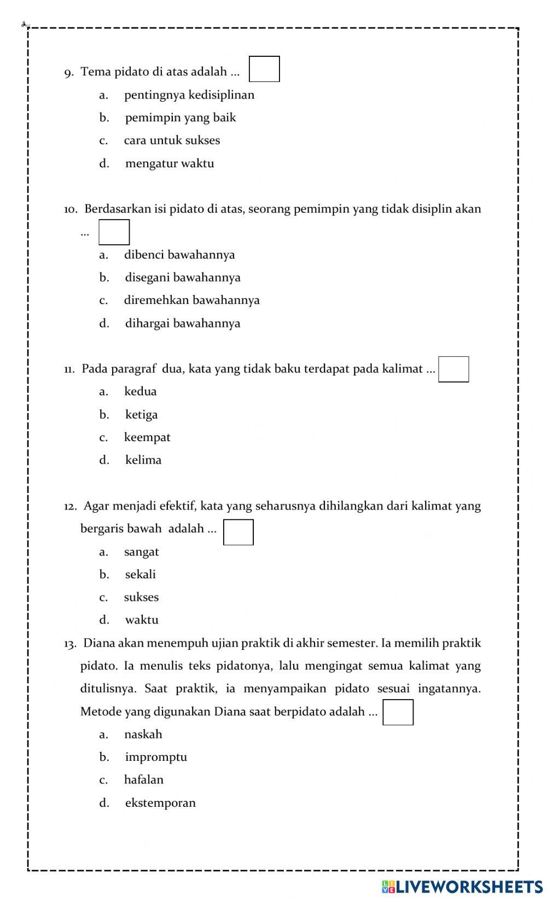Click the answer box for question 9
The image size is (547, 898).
click(x=264, y=69)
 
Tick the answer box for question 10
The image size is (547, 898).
click(x=114, y=232)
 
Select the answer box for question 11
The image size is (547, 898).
click(x=453, y=369)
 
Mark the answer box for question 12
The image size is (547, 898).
click(x=238, y=532)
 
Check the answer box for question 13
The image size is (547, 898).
click(x=398, y=712)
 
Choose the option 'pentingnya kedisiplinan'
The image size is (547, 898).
click(x=189, y=95)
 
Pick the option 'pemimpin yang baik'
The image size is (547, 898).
click(x=181, y=118)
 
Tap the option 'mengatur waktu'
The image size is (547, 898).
click(x=170, y=163)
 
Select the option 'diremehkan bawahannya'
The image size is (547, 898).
click(x=191, y=300)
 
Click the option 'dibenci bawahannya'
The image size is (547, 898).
click(x=179, y=255)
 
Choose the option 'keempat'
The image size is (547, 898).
click(x=147, y=437)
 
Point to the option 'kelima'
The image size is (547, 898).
click(x=143, y=460)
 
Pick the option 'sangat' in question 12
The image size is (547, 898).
click(x=142, y=552)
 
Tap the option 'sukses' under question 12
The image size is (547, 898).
click(x=141, y=597)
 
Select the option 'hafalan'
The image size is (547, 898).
click(x=144, y=780)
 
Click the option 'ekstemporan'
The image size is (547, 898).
click(x=160, y=803)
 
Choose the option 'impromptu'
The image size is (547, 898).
click(x=156, y=757)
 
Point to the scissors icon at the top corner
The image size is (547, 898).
click(x=25, y=24)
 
